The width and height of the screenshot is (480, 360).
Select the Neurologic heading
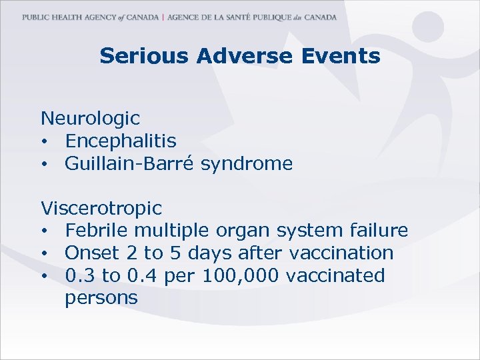(90, 119)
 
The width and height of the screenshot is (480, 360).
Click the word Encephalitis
(121, 141)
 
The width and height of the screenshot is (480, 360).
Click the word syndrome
(253, 164)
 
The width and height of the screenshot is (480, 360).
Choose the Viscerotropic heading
(101, 209)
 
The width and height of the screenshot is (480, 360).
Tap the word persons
(101, 299)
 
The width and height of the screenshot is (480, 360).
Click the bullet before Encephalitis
(44, 142)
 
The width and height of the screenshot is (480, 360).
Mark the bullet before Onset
(44, 254)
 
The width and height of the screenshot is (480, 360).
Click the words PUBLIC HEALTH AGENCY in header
(63, 17)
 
